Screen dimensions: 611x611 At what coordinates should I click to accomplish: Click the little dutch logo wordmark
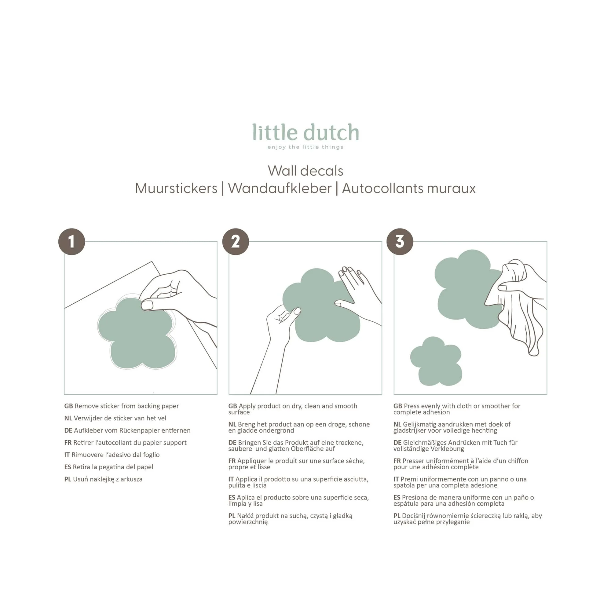[x=305, y=132]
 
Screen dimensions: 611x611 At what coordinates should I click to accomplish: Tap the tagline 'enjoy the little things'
[x=305, y=147]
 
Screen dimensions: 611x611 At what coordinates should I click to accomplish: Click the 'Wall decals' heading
[x=305, y=171]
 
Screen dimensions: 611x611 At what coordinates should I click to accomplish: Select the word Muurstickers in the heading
[x=176, y=188]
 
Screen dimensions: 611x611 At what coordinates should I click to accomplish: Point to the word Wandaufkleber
[x=280, y=188]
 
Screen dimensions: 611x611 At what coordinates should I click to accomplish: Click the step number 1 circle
[x=72, y=242]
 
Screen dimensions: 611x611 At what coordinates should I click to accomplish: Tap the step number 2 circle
[x=236, y=242]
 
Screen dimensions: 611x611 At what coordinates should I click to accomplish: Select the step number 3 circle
[x=400, y=242]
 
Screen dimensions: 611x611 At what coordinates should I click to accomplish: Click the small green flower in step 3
[x=436, y=361]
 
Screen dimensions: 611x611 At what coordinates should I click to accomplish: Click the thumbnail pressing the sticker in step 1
[x=147, y=305]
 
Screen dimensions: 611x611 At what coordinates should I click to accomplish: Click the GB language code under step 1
[x=69, y=406]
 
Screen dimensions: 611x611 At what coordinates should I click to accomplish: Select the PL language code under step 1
[x=68, y=479]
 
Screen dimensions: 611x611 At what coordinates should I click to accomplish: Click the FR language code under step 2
[x=232, y=461]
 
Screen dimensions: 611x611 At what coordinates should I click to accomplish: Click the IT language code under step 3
[x=396, y=479]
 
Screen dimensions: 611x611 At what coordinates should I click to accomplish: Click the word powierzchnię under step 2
[x=248, y=522]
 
